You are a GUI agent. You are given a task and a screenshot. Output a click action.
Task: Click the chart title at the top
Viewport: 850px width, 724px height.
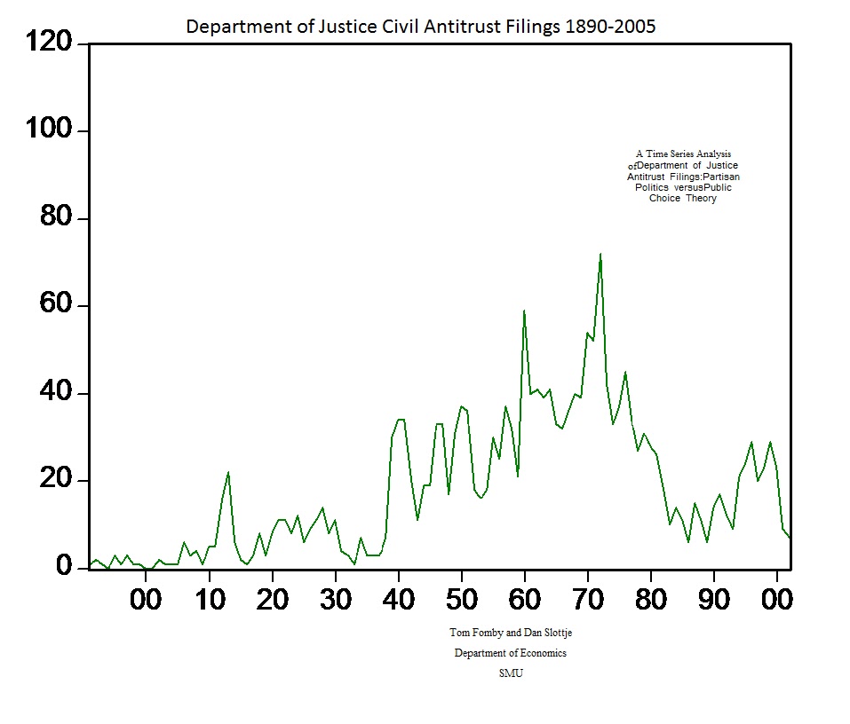click(420, 27)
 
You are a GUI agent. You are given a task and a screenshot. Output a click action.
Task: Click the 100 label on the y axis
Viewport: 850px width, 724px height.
click(52, 131)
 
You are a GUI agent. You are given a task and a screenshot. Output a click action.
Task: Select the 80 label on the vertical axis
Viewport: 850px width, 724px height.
click(59, 218)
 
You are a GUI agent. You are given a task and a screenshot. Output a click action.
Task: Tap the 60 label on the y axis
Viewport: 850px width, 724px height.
click(59, 306)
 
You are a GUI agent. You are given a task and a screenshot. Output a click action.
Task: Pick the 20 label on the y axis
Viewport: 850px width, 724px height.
click(59, 481)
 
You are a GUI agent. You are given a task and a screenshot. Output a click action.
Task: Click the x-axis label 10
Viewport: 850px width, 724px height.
click(209, 600)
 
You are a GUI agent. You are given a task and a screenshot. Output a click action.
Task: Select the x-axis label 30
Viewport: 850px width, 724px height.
click(335, 600)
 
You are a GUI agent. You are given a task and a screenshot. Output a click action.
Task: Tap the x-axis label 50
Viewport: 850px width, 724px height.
click(462, 600)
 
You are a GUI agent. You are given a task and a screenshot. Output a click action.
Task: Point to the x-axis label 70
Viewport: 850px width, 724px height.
click(588, 600)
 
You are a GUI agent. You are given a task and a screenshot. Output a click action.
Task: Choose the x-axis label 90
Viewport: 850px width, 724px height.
click(714, 600)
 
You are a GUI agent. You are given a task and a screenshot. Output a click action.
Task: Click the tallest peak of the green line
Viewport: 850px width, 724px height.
click(600, 255)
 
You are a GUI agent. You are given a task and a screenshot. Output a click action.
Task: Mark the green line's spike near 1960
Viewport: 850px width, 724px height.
click(524, 311)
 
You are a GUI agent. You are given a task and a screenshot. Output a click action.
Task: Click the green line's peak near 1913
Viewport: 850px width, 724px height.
click(228, 473)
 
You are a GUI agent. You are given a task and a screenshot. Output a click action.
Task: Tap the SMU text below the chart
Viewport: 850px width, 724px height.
click(511, 673)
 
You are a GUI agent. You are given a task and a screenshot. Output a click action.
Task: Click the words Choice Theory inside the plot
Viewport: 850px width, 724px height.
click(682, 199)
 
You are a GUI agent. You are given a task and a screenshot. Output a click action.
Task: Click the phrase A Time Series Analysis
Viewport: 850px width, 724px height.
click(683, 154)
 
